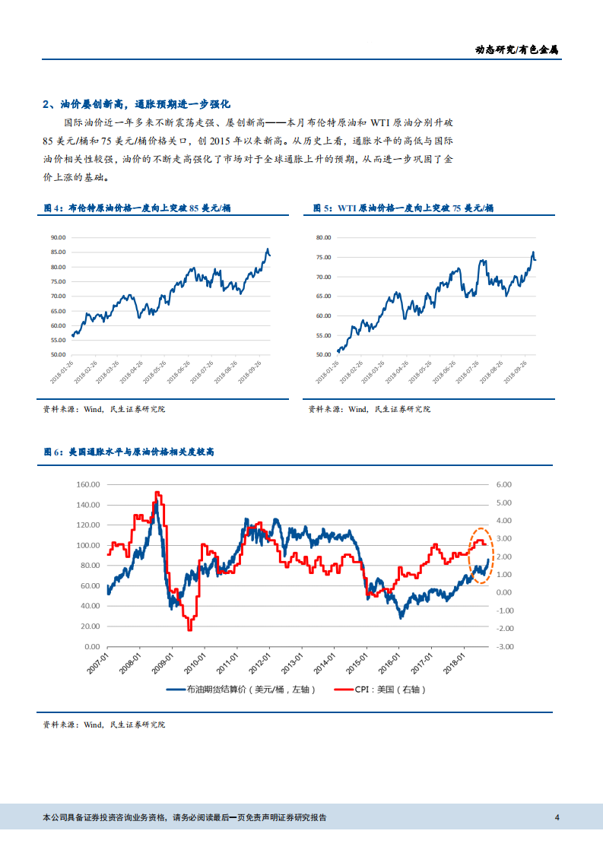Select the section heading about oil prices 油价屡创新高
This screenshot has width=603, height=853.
point(136,104)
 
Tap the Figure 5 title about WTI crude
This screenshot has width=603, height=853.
point(404,208)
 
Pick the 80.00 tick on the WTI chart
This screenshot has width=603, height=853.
point(322,238)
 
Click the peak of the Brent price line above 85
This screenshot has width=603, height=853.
point(267,249)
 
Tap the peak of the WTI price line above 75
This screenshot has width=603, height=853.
point(532,252)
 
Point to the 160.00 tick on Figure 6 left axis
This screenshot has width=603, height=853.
point(89,484)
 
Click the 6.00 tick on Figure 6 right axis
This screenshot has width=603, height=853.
point(503,484)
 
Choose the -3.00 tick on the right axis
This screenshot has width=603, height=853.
point(503,647)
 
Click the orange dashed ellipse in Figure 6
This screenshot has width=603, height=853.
point(481,556)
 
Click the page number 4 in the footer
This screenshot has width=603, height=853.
point(557,818)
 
